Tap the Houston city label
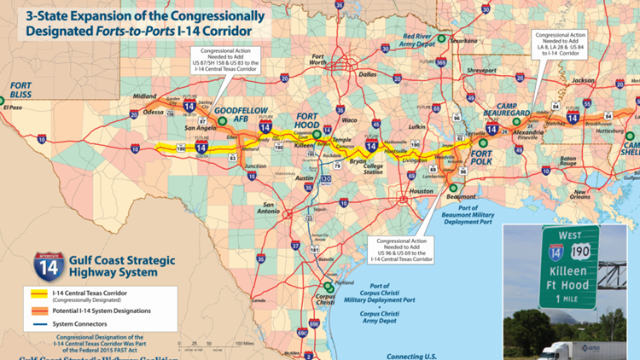tap(422, 191)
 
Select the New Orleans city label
tap(583, 195)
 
